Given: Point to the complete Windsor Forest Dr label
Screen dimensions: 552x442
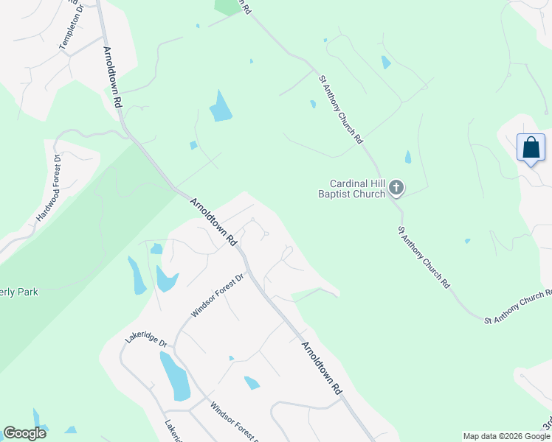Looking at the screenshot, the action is point(218,295).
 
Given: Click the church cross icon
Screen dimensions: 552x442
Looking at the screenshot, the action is point(396,189).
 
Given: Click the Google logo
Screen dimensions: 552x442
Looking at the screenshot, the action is point(24,433).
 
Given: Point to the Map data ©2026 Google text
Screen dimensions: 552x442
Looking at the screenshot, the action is point(506,436).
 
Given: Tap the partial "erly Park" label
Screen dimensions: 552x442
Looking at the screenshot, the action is point(19,292).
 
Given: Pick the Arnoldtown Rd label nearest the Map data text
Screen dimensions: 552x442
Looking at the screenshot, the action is point(322,367).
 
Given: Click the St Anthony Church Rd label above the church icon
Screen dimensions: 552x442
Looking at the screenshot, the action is point(341,109).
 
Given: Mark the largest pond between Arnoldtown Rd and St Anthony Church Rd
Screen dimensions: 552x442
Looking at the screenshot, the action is point(220,108).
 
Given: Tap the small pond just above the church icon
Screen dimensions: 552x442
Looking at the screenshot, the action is point(408,157).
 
